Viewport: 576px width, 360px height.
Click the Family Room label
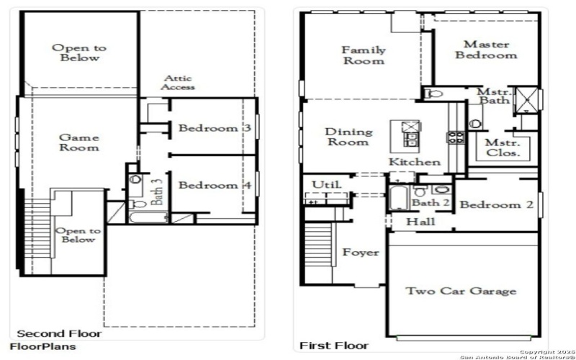[363, 55]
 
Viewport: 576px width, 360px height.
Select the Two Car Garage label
[461, 291]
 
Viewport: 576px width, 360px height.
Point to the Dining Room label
[349, 137]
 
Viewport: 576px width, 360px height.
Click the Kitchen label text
[415, 162]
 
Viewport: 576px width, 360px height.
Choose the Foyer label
[360, 253]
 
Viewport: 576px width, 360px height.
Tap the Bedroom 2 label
[497, 205]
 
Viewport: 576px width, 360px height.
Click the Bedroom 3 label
[215, 128]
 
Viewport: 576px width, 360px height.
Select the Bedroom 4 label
[215, 185]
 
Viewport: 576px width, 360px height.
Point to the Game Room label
[78, 142]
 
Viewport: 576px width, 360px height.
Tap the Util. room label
[322, 185]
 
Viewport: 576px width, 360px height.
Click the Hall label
[420, 222]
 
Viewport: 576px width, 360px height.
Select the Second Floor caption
[59, 333]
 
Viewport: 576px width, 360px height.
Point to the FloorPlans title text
[42, 346]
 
